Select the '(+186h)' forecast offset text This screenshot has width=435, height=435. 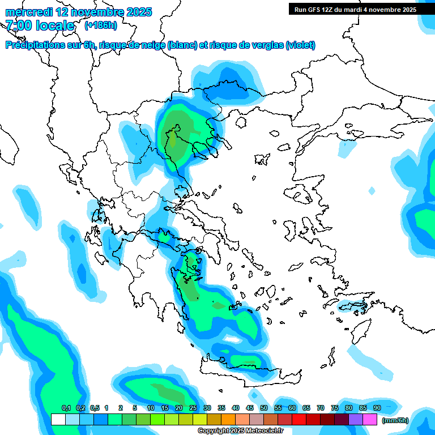coord(101,25)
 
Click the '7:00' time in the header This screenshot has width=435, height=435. coord(19,25)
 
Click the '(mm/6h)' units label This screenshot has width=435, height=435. coord(395,420)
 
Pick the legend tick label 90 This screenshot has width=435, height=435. coord(377,408)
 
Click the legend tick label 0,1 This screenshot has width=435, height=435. coord(66,408)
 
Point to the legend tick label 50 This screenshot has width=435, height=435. coord(264,408)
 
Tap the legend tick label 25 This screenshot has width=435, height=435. coord(193,408)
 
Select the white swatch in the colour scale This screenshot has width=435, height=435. coord(58,420)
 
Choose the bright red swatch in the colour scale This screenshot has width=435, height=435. coord(299,420)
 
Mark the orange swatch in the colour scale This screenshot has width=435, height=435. coord(228,420)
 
